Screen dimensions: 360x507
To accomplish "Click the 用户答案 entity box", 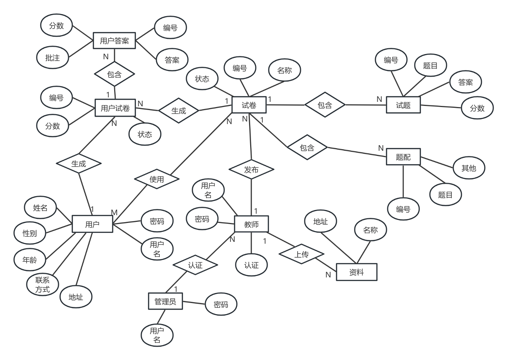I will (114, 41).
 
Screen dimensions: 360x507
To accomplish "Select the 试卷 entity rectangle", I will (249, 105).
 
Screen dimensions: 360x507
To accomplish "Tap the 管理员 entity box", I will (165, 301).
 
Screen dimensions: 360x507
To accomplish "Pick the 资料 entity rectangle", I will (357, 272).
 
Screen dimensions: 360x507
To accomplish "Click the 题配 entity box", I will (403, 157).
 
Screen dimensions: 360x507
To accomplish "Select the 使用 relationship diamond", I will (156, 179).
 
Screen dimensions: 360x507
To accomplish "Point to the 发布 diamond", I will (251, 170).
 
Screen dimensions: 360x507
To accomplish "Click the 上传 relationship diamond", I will (301, 254).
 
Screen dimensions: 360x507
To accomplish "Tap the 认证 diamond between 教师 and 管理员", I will (195, 265).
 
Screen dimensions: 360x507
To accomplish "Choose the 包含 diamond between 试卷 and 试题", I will (325, 105).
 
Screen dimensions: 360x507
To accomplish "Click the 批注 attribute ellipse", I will (53, 58).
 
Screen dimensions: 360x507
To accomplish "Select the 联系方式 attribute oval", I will (43, 284).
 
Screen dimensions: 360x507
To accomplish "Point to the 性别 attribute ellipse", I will (30, 233).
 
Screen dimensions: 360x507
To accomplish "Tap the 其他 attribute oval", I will (468, 168).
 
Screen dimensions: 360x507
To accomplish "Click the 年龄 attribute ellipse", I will (30, 260).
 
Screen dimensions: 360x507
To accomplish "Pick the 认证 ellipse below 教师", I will (251, 265).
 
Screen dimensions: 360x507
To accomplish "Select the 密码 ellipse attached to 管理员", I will (221, 304).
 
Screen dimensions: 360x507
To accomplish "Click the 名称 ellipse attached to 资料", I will (370, 230).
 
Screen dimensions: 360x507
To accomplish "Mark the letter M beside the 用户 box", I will (114, 213).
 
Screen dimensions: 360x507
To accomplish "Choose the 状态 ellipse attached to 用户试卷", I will (145, 134).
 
